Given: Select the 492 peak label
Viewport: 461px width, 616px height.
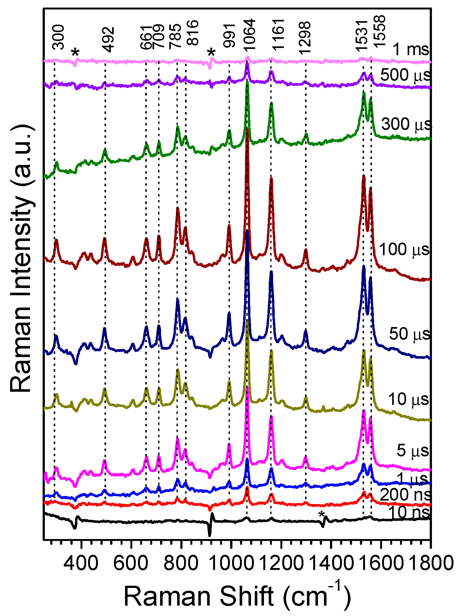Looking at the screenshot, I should (x=109, y=39).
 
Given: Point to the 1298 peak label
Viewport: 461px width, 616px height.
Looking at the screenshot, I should (x=305, y=38).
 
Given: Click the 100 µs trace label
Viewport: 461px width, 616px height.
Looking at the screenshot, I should (x=404, y=249).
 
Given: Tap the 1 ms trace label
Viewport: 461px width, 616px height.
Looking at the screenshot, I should (x=411, y=50).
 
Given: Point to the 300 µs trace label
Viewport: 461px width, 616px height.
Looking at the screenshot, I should (x=406, y=124).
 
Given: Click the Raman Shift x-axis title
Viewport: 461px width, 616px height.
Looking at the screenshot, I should (x=237, y=596).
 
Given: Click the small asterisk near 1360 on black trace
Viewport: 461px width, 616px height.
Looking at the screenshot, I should (x=321, y=515).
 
